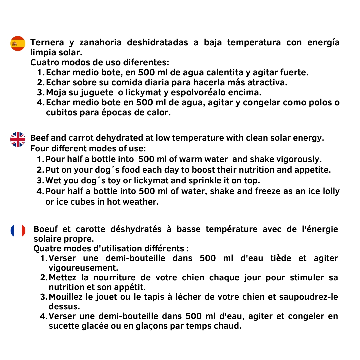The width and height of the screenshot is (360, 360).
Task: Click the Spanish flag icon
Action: [x=18, y=43]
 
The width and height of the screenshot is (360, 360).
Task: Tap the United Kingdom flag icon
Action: [x=18, y=139]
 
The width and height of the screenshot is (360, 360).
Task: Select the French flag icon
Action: [x=18, y=231]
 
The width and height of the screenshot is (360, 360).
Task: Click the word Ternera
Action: [x=47, y=43]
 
